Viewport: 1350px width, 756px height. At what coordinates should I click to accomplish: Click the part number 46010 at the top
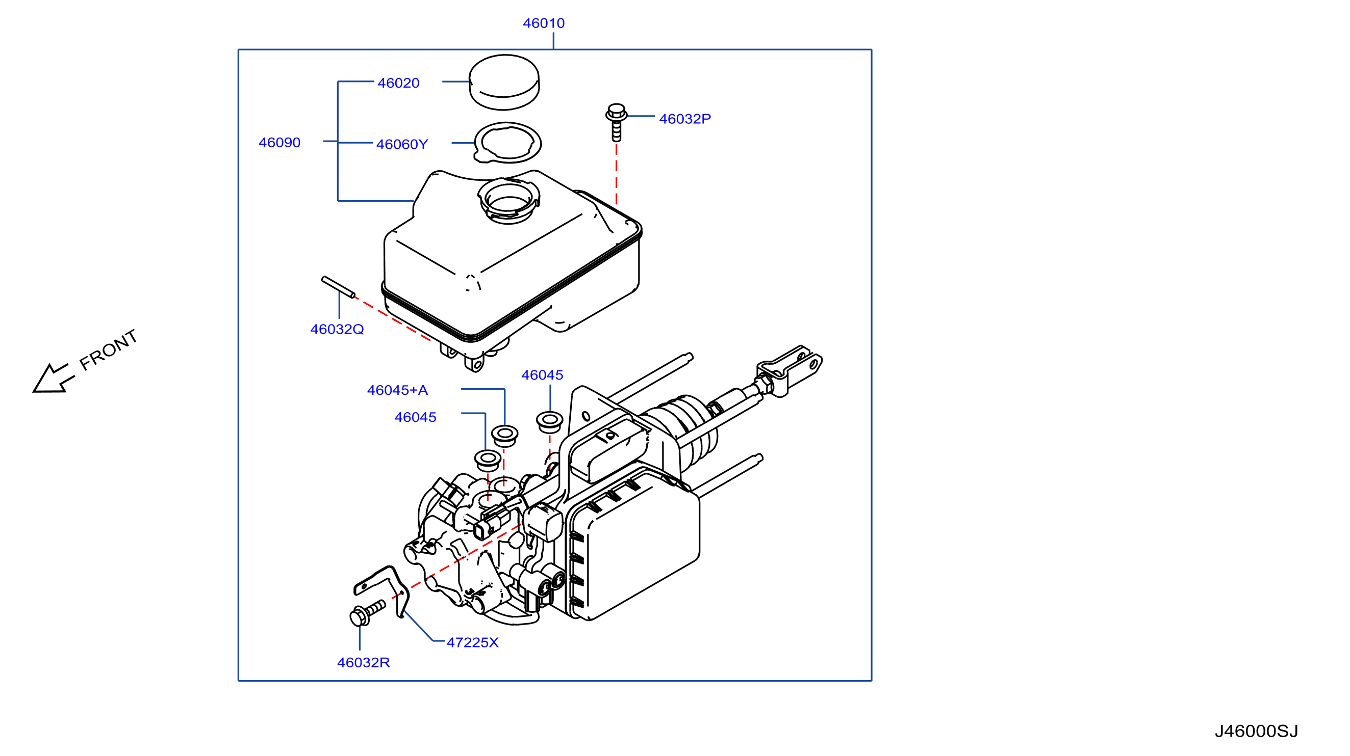tap(544, 23)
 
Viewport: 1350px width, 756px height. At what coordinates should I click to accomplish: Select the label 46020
tap(398, 83)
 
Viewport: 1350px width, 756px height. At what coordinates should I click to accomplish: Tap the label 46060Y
tap(402, 144)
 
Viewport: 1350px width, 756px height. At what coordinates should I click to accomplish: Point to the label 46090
tap(279, 143)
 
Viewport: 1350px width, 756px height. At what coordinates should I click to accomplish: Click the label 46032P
tap(684, 119)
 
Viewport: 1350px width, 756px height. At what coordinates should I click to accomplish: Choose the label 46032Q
tap(337, 329)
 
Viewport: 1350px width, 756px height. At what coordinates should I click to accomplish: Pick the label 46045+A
tap(397, 390)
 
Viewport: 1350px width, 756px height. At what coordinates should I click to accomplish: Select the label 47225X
tap(472, 642)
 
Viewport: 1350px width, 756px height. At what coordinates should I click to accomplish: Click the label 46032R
tap(363, 662)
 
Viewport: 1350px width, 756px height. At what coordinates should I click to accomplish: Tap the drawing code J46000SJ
tap(1256, 731)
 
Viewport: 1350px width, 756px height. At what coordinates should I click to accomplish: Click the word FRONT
tap(109, 350)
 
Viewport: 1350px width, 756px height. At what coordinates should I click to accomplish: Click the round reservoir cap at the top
tap(504, 82)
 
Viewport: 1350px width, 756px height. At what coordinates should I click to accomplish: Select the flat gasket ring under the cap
tap(507, 143)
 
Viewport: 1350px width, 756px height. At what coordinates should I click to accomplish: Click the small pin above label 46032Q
tap(339, 287)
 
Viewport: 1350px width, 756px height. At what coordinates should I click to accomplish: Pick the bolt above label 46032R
tap(367, 613)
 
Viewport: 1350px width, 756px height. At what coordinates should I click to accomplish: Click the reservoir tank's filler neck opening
tap(508, 201)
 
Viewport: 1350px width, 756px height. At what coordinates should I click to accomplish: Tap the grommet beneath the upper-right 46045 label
tap(549, 421)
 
